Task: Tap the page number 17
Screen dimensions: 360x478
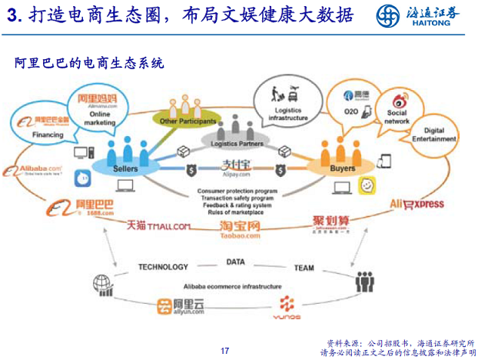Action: (x=225, y=350)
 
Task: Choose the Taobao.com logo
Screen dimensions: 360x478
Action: (x=239, y=229)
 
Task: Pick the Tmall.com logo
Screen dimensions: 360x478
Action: (x=158, y=225)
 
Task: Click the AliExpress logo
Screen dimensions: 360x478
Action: (x=417, y=204)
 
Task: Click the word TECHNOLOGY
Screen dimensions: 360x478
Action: (x=162, y=267)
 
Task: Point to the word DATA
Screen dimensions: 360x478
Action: (x=235, y=262)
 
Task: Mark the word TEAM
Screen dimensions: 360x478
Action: (x=304, y=268)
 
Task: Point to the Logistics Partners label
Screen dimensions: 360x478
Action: (x=237, y=144)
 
